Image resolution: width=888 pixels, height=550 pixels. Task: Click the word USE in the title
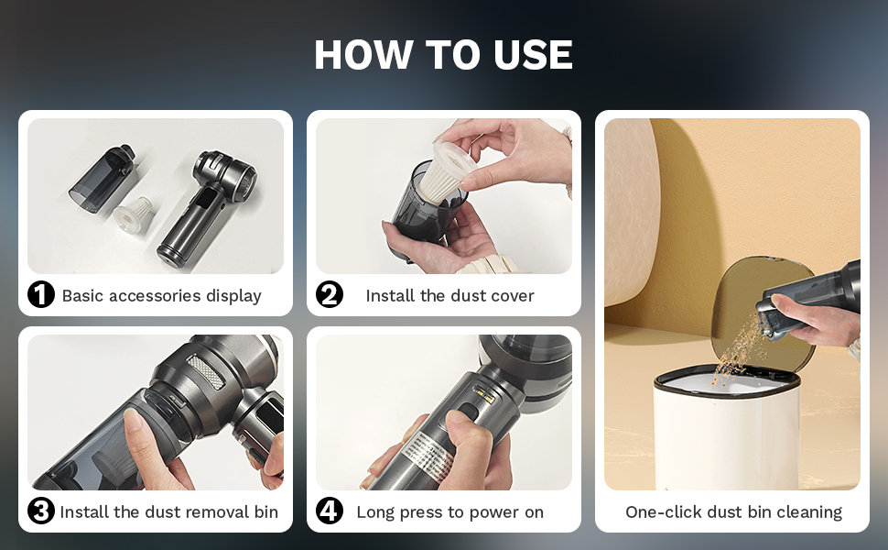click(533, 54)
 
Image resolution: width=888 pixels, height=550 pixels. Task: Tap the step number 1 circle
click(41, 295)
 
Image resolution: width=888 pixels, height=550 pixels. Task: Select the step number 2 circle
click(329, 295)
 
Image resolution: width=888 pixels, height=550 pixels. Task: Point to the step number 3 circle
click(41, 511)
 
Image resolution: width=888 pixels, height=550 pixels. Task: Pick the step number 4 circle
click(329, 511)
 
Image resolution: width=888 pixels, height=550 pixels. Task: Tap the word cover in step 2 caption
click(513, 295)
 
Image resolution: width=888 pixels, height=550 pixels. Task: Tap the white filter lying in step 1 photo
click(133, 212)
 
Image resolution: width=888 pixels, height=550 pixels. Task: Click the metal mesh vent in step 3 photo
click(206, 371)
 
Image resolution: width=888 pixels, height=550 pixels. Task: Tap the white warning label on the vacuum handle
click(429, 454)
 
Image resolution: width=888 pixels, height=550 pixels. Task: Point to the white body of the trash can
click(727, 436)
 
